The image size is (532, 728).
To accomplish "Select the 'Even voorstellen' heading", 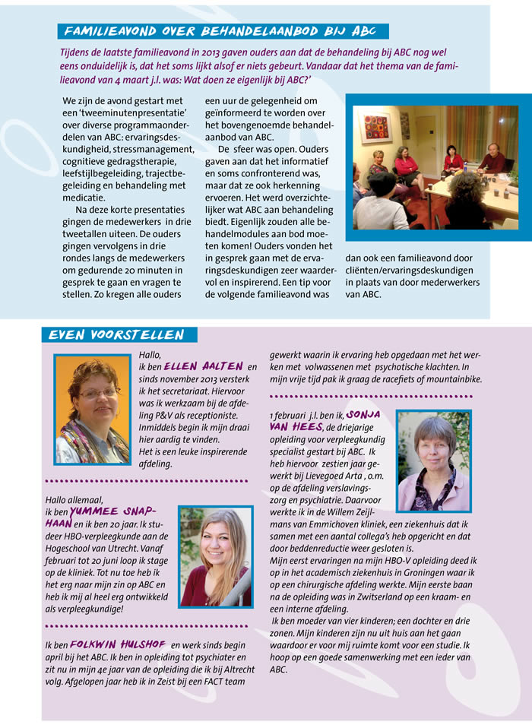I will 116,335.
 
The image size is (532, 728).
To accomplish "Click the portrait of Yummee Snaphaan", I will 215,557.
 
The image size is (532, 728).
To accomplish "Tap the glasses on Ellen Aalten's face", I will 99,393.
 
